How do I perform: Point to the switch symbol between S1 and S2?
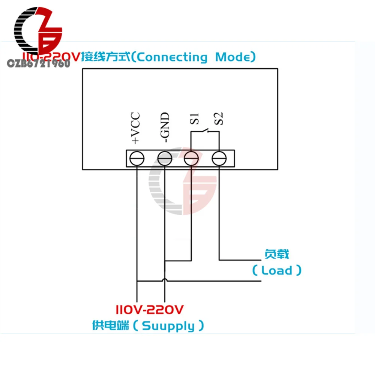coord(205,131)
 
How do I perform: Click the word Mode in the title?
coord(235,57)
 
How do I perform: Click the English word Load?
coord(277,270)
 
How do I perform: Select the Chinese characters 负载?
coord(277,255)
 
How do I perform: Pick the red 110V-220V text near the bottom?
coord(149,310)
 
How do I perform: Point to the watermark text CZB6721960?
coord(39,63)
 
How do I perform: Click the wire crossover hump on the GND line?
coord(165,280)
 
